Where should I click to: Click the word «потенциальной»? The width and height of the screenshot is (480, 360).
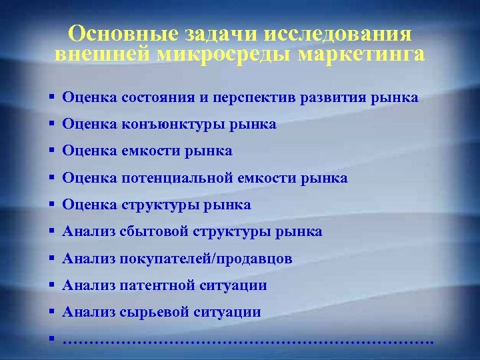point(175,178)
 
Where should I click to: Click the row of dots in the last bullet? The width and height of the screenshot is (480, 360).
point(247,341)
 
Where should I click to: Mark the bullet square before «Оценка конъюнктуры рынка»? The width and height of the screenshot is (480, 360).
point(51,124)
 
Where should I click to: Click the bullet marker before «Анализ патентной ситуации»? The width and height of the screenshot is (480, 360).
point(51,285)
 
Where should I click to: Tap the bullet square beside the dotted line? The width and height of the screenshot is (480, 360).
point(51,339)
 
